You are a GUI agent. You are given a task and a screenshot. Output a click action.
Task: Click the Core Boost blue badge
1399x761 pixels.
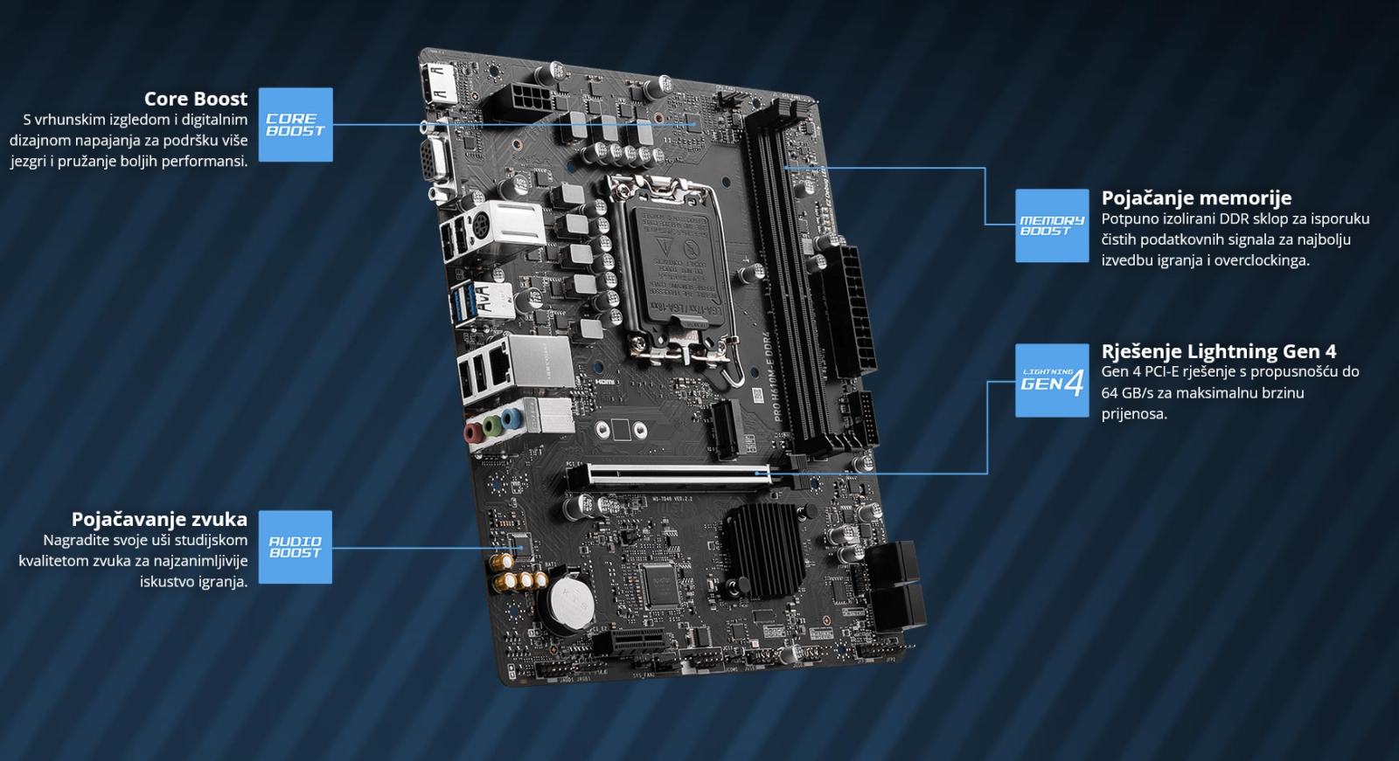296,124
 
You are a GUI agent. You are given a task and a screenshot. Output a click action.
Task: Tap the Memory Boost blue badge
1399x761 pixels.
1051,225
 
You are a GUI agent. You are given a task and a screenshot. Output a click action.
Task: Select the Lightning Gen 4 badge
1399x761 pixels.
1051,380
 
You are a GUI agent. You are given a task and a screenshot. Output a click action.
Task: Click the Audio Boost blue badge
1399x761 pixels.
295,547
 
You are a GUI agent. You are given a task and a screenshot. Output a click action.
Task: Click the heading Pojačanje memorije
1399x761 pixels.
1196,197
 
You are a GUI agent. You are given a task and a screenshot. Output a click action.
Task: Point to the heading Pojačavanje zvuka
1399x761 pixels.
159,519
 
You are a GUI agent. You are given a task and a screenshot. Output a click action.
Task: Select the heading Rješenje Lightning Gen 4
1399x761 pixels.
1218,351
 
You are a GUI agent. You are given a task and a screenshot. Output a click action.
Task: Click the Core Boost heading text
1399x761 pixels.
196,99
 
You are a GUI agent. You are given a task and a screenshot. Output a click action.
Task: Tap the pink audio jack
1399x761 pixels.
473,432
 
